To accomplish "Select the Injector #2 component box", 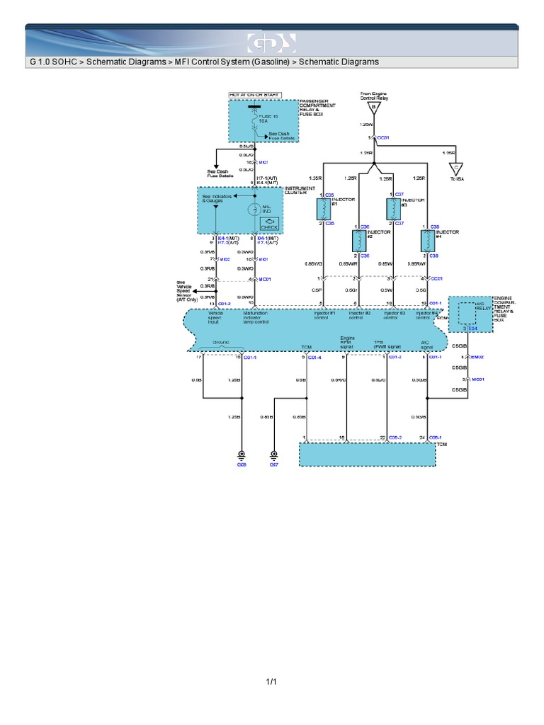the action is tap(358, 241).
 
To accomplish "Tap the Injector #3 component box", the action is tap(392, 209).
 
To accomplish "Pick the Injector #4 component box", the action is tap(427, 241).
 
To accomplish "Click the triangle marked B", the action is tap(373, 108).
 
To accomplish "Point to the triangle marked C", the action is tap(456, 169).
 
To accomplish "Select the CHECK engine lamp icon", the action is tap(270, 224).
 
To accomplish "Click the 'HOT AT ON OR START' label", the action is tap(254, 94).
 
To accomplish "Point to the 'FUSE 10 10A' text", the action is tap(263, 118).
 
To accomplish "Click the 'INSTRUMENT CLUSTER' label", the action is tap(300, 190).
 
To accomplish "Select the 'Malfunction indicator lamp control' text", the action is tap(256, 316).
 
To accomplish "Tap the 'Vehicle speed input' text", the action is tap(215, 316).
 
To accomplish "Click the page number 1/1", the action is tap(271, 682).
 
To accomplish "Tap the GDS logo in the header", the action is tap(271, 43).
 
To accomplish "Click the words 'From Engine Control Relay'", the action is tap(374, 96).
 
